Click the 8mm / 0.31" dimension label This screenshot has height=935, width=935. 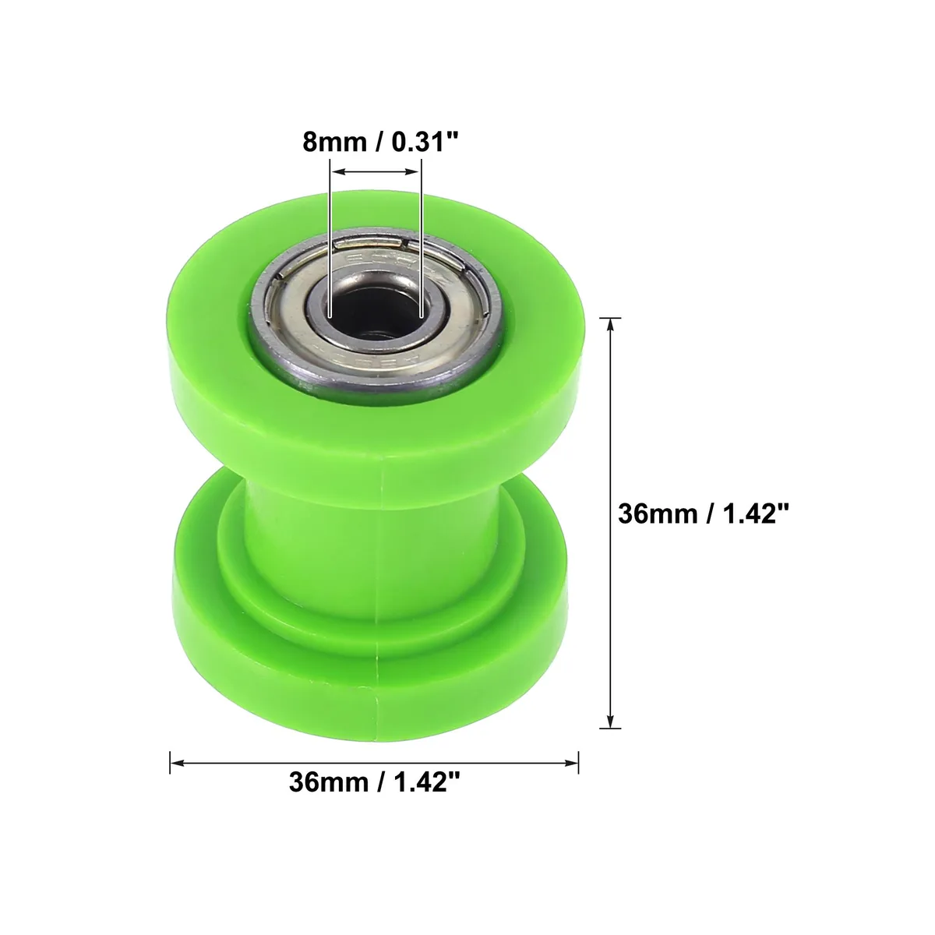point(380,142)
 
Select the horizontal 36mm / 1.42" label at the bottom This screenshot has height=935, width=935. point(375,782)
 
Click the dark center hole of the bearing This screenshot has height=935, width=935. point(375,313)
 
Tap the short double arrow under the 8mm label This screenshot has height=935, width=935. point(375,171)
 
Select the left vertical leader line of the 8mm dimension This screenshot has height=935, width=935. point(330,238)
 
